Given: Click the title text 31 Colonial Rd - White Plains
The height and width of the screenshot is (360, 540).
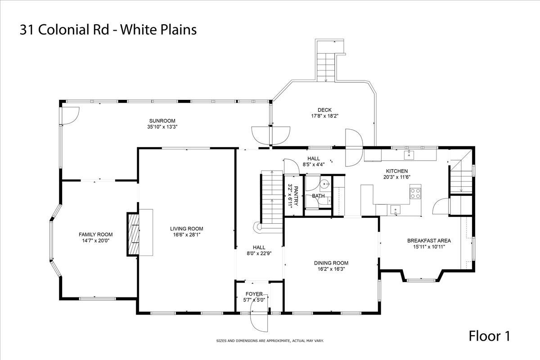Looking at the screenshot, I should click(x=108, y=30).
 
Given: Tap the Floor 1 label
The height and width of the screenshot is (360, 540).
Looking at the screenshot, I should click(x=490, y=336).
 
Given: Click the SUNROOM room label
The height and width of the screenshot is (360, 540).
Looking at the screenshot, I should click(x=162, y=121).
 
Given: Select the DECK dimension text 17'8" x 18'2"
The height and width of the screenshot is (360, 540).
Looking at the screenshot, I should click(x=324, y=116).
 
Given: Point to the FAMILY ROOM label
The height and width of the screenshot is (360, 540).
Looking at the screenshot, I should click(x=95, y=234).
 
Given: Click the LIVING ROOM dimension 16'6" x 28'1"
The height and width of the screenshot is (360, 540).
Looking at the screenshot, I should click(x=186, y=234).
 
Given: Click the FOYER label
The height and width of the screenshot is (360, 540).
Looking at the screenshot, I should click(x=254, y=294).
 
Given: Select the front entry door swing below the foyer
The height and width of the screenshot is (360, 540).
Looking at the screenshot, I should click(x=258, y=322).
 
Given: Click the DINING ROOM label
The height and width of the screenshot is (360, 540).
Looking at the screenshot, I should click(x=331, y=263).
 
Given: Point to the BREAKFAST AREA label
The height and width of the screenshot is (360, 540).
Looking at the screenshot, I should click(x=428, y=240).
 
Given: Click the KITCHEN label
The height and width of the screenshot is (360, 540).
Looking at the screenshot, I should click(x=396, y=171).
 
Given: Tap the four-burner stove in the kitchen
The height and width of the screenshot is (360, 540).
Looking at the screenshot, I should click(x=415, y=193).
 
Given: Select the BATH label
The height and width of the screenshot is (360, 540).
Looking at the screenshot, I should click(x=318, y=196).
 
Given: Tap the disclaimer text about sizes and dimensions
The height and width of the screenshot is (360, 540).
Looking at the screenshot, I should click(x=270, y=341).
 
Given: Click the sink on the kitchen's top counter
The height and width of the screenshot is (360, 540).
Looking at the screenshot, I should click(x=409, y=155).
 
